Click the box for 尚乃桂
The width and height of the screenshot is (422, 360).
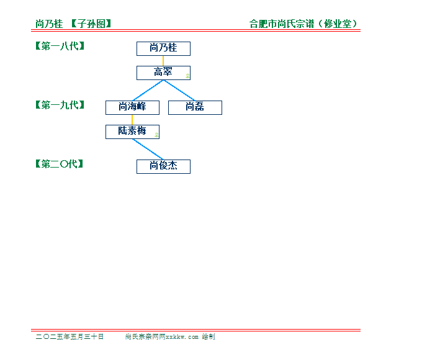point(163,48)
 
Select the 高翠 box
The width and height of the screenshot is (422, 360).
point(163,73)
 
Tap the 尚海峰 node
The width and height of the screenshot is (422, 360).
point(132,107)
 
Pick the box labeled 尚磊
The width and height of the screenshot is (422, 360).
point(195,107)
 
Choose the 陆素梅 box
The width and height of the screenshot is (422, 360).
point(132,132)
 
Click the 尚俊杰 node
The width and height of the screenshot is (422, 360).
point(163,166)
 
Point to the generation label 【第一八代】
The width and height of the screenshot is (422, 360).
point(60,46)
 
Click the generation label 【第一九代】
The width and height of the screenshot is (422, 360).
point(60,105)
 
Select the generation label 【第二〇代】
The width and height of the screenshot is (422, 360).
point(59,164)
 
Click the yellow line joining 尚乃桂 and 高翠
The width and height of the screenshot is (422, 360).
point(163,61)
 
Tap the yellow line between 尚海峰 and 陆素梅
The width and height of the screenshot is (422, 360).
point(132,120)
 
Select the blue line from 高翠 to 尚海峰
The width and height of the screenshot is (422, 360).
point(148,91)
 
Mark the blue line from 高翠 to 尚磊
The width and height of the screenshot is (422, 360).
point(179,91)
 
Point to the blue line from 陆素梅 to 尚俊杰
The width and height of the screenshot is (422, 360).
point(148,150)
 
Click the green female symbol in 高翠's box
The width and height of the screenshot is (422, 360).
point(187,76)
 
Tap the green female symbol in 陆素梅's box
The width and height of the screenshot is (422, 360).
point(156,135)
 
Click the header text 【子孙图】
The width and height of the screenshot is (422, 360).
point(91,24)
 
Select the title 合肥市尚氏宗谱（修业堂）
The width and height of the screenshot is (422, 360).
point(303,24)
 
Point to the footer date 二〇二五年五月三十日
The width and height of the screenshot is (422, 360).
point(70,336)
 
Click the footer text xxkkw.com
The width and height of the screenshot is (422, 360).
point(182,337)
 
